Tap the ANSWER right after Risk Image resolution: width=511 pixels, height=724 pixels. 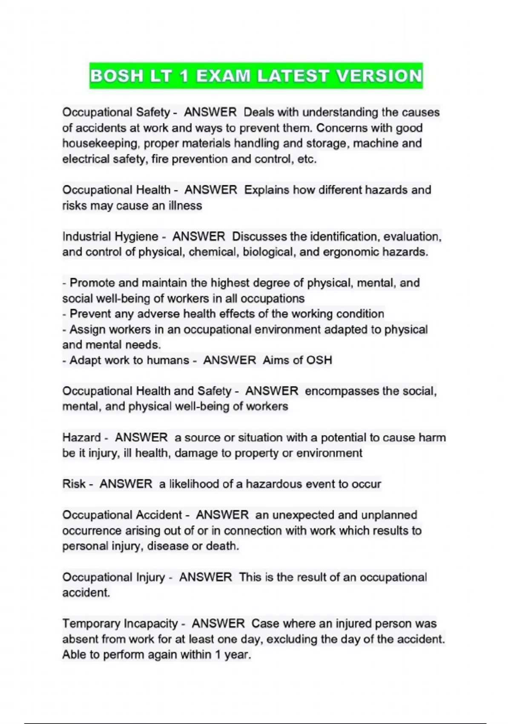[x=126, y=484]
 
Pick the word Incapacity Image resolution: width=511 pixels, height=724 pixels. [x=150, y=624]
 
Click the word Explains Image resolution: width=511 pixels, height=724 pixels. [x=267, y=190]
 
